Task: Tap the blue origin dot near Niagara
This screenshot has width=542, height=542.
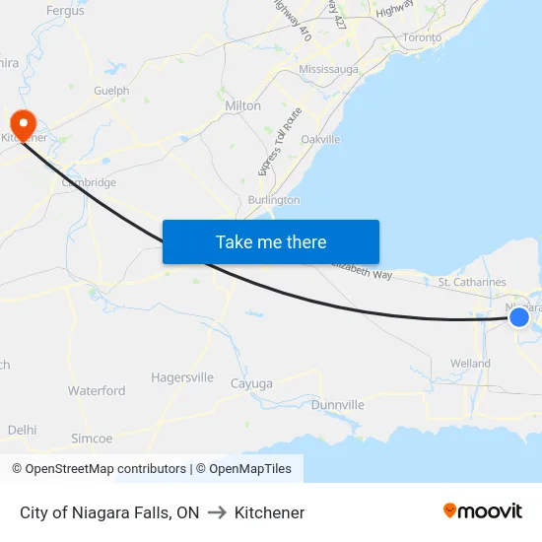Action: click(519, 316)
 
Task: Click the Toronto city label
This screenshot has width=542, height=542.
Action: click(423, 37)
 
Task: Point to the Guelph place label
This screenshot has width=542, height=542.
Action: click(111, 91)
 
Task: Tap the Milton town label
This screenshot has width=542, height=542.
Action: click(243, 105)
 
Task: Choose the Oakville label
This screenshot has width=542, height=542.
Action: click(320, 139)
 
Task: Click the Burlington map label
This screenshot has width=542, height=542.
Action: click(274, 200)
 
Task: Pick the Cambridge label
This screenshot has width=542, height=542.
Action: click(89, 182)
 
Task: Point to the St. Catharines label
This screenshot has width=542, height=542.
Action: click(471, 283)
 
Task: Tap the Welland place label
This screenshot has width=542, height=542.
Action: click(470, 364)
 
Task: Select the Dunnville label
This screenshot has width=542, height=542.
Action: click(337, 405)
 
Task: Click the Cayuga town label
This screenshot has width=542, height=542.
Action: click(250, 383)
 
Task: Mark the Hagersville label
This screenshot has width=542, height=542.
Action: click(182, 377)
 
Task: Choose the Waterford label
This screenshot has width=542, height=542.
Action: click(97, 391)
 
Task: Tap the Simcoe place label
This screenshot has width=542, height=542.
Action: click(92, 439)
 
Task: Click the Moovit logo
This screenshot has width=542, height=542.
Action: click(482, 511)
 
